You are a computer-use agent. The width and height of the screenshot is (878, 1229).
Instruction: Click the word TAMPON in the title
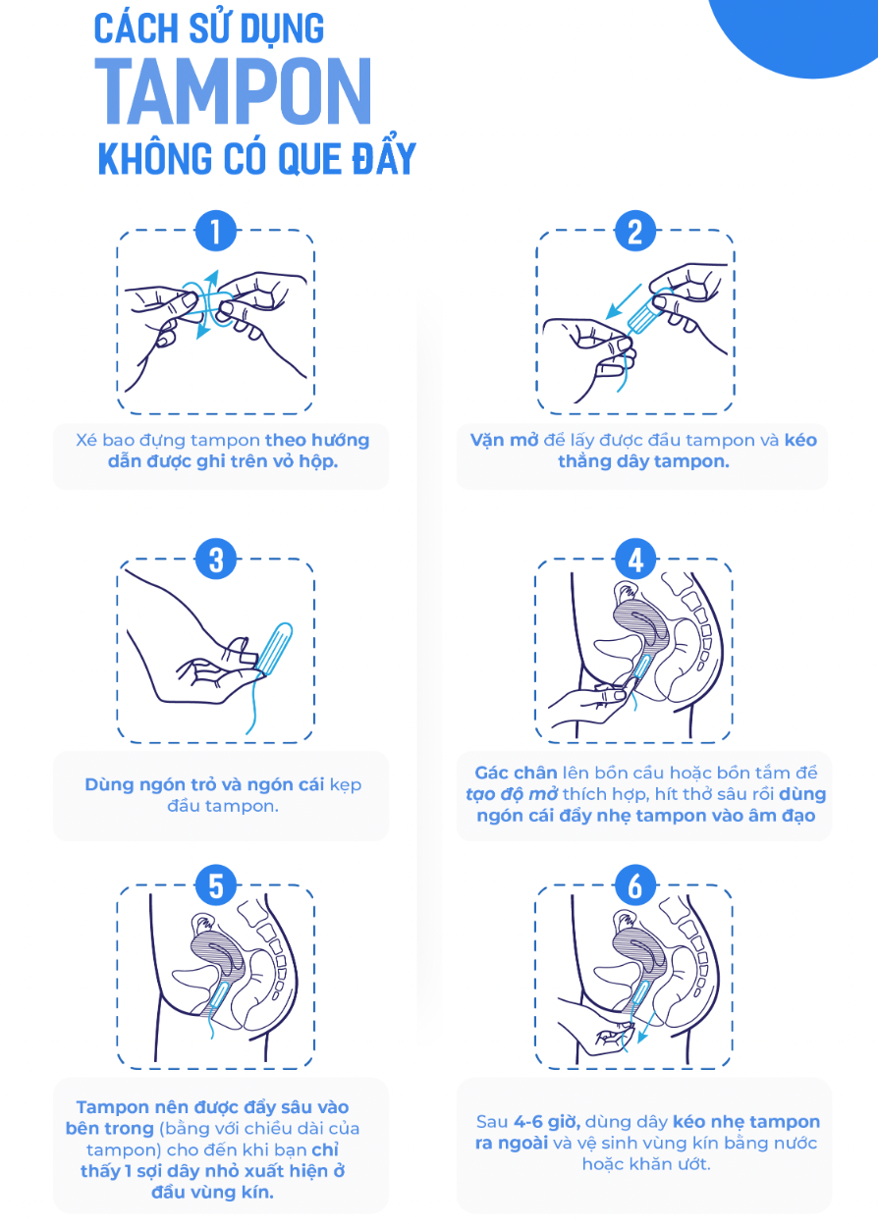(234, 91)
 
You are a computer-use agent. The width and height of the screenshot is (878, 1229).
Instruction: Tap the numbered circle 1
(216, 231)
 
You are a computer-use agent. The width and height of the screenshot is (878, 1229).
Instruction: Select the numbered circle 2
(635, 231)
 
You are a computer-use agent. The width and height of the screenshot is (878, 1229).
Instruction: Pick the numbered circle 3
(216, 560)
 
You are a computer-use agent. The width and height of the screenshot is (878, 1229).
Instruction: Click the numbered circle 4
(635, 560)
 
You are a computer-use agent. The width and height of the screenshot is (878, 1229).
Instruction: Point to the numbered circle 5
(216, 885)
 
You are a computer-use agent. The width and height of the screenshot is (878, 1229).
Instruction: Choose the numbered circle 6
(635, 885)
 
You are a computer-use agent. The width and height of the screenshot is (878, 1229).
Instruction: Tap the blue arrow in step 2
(623, 301)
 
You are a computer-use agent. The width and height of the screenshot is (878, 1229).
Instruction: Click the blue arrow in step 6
(646, 1028)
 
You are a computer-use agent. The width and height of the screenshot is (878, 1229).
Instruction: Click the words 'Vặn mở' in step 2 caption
(504, 440)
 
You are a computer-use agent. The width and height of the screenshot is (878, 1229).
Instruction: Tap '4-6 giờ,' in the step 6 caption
(547, 1122)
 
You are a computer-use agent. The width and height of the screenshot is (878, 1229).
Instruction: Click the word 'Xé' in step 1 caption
(86, 440)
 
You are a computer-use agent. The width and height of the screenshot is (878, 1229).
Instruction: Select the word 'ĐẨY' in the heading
(384, 158)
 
